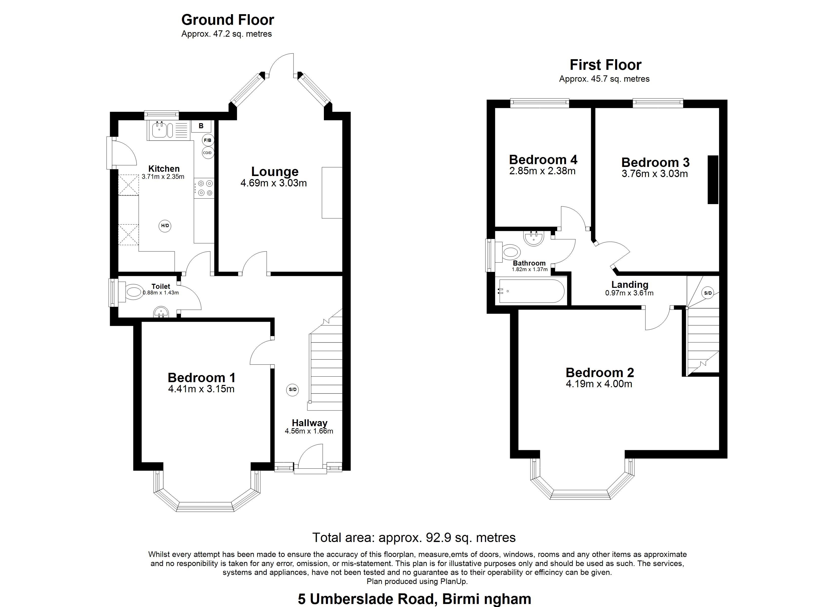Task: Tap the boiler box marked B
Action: pyautogui.click(x=201, y=126)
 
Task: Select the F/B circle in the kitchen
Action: pyautogui.click(x=208, y=140)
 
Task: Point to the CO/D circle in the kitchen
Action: pyautogui.click(x=208, y=153)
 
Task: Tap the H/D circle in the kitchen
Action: pyautogui.click(x=165, y=226)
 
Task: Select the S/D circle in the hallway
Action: pyautogui.click(x=293, y=390)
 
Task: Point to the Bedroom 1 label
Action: pyautogui.click(x=201, y=378)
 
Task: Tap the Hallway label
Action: pyautogui.click(x=310, y=423)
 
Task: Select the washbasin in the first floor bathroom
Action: pyautogui.click(x=533, y=238)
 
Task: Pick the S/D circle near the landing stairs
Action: pyautogui.click(x=708, y=293)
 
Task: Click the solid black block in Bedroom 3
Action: pyautogui.click(x=713, y=180)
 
